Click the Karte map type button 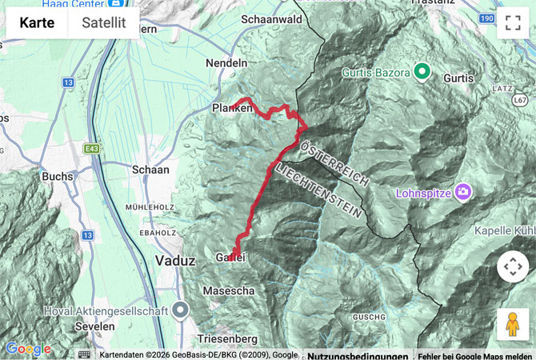pos(37,23)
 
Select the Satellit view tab pos(104,23)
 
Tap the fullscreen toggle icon pos(512,23)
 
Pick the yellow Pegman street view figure pos(512,324)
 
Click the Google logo pos(27,350)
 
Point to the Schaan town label pos(150,170)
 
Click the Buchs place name pos(58,176)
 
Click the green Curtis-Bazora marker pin pos(422,73)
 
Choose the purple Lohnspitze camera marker pos(463,192)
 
